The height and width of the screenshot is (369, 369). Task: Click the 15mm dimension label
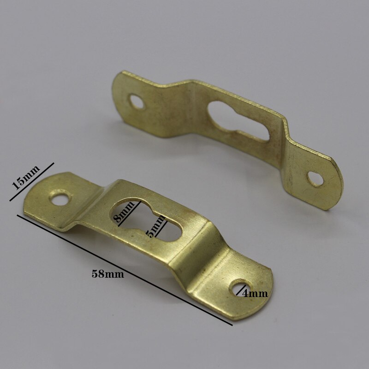[x=26, y=178]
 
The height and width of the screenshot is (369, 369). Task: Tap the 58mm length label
[x=108, y=274]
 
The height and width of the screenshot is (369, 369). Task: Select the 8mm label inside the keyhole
[x=124, y=212]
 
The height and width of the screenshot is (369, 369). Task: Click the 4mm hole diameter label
[x=255, y=293]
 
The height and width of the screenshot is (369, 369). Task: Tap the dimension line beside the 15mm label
[x=32, y=182]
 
